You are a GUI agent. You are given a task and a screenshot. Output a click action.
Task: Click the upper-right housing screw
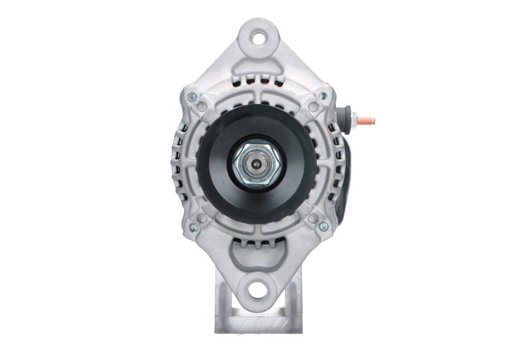tap(319, 97)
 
